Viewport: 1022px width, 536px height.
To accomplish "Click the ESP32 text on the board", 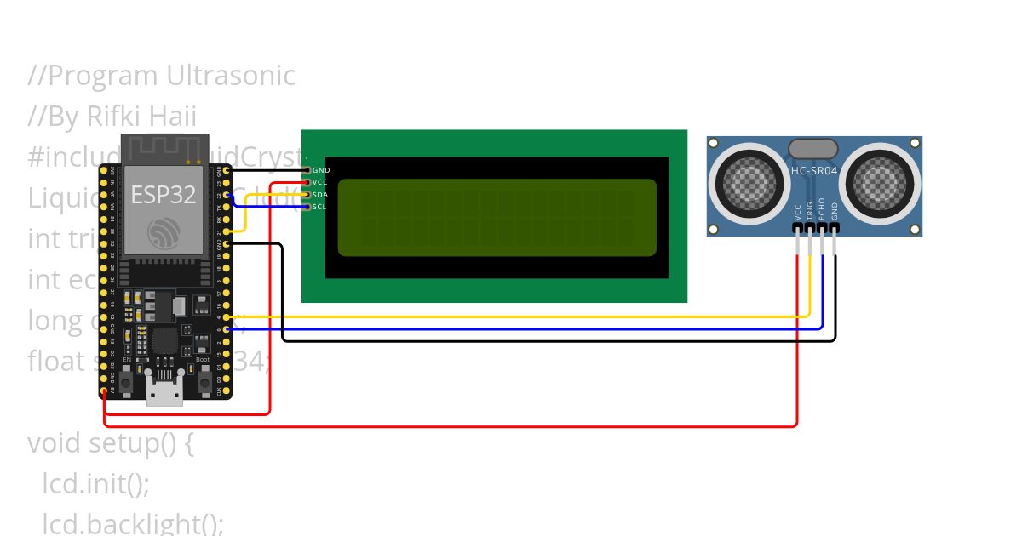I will [164, 195].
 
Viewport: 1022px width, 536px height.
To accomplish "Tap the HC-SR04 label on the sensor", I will [812, 170].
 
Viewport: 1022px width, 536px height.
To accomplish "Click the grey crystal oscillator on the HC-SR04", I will [813, 149].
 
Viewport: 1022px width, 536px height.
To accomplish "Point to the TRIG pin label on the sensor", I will [810, 210].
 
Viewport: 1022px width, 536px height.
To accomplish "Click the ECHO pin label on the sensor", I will [822, 209].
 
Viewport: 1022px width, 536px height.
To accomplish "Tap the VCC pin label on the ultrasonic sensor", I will [798, 211].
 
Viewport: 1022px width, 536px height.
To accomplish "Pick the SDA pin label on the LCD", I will [320, 195].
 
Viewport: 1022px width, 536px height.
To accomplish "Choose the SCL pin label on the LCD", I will [320, 207].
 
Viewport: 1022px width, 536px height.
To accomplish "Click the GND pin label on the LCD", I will [321, 170].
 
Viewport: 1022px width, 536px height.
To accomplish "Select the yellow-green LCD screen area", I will [497, 218].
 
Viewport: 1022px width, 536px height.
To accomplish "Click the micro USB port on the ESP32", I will [164, 393].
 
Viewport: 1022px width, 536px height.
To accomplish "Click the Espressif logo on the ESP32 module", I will [164, 232].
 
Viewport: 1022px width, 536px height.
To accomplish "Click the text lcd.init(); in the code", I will [95, 484].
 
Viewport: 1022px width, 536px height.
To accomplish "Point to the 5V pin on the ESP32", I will [104, 391].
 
